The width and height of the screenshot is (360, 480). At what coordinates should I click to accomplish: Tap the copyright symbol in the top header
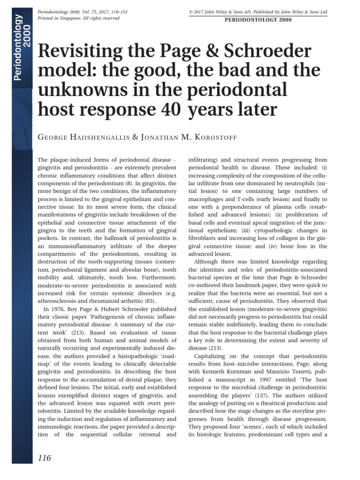coord(190,11)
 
